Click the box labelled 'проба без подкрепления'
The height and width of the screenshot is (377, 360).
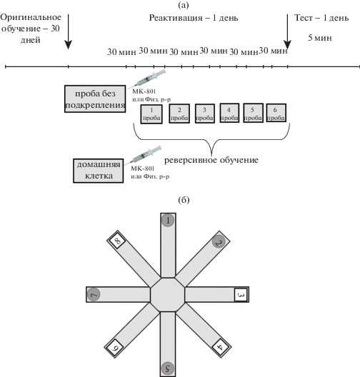pos(95,99)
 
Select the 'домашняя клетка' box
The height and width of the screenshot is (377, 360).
pos(99,171)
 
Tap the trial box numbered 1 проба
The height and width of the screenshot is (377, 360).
pos(151,114)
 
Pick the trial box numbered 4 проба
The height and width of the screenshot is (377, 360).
pos(229,113)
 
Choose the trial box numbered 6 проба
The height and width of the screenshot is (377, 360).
pos(276,113)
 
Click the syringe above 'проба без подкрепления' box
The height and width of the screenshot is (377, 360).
pos(147,79)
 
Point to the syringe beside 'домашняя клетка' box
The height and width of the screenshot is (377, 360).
pos(144,155)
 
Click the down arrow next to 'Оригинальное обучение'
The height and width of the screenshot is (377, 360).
pos(69,31)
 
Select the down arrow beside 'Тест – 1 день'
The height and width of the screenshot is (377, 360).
pos(287,31)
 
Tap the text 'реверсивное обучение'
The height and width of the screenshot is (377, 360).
pos(211,160)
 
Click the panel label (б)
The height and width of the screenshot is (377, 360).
pos(184,200)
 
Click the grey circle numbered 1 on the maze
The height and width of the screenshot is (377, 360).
pos(168,221)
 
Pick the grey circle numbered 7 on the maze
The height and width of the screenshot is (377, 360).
pos(94,294)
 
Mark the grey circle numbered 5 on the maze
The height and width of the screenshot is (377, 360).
pos(168,368)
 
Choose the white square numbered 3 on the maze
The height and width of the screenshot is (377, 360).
pos(241,294)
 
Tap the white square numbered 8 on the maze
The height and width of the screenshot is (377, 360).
pos(117,241)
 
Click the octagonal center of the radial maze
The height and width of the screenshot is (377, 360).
pos(168,294)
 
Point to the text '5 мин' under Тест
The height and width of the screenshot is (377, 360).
pos(320,38)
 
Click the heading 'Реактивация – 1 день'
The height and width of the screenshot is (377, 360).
pos(194,18)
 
